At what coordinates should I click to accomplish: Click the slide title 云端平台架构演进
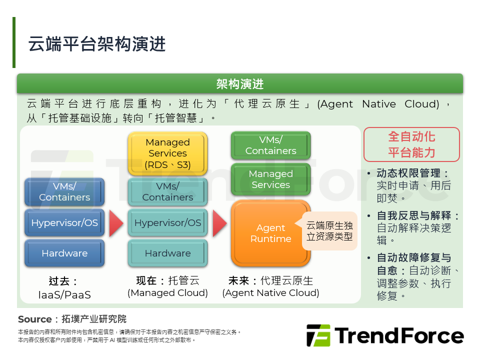click(x=96, y=44)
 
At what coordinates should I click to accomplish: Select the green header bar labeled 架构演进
click(x=240, y=84)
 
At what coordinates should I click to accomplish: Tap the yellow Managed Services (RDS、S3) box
click(x=167, y=153)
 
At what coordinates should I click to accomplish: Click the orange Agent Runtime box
click(x=270, y=233)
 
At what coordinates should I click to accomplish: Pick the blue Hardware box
click(x=64, y=253)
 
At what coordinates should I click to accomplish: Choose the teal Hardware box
click(x=167, y=253)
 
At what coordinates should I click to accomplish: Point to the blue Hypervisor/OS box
click(x=64, y=222)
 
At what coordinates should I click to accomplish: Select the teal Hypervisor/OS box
click(x=167, y=222)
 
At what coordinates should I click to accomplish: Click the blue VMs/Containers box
click(x=64, y=191)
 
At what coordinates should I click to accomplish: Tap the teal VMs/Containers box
click(x=167, y=191)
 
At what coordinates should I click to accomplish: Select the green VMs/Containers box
click(x=270, y=145)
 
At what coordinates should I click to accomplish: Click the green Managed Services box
click(x=270, y=179)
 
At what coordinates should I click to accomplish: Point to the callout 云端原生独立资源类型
click(x=329, y=231)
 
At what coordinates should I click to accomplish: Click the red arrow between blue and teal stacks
click(x=116, y=223)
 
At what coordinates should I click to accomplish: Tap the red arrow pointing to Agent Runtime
click(x=219, y=223)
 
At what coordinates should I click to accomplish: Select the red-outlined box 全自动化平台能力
click(x=411, y=144)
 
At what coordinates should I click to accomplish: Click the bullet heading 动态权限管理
click(x=408, y=173)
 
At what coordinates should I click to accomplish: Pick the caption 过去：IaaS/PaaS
click(x=64, y=288)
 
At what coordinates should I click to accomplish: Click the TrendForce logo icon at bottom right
click(x=318, y=335)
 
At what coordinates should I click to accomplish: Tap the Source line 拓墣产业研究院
click(x=72, y=319)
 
